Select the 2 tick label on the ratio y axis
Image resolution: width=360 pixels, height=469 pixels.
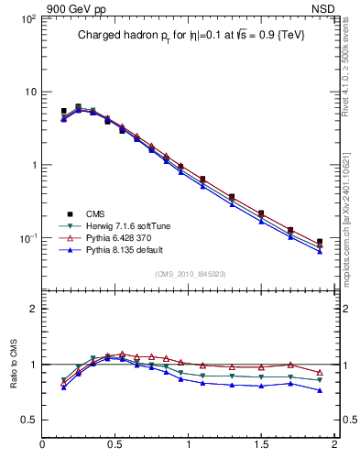[33, 309]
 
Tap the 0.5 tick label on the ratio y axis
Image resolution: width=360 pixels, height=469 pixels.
[28, 420]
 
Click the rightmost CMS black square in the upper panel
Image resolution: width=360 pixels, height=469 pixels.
[320, 242]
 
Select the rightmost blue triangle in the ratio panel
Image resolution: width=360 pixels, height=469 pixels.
[320, 390]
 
